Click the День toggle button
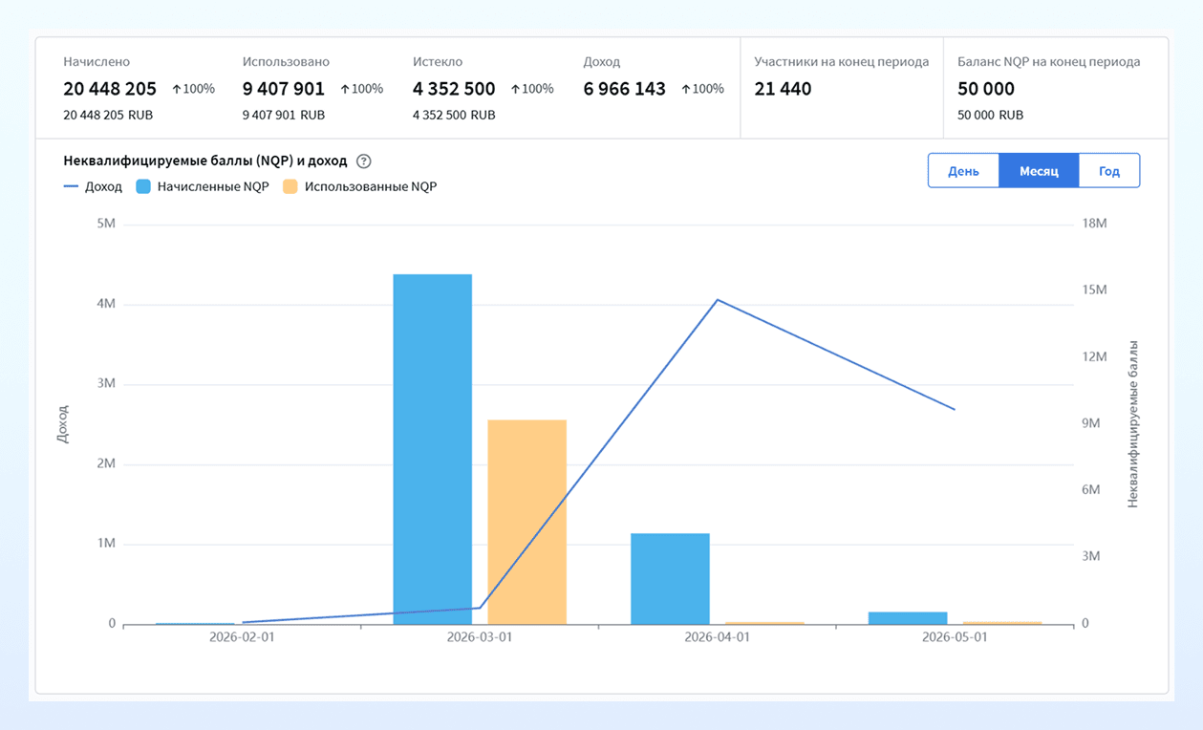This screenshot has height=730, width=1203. click(963, 171)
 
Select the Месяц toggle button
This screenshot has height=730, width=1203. click(1039, 171)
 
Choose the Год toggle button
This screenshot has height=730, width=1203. click(1109, 171)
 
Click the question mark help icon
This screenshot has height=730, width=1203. click(364, 161)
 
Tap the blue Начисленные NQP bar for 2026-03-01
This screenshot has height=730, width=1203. click(432, 449)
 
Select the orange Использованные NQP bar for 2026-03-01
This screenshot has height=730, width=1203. click(526, 522)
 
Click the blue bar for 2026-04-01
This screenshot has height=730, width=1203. click(670, 578)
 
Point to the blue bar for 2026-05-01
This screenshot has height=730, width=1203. click(908, 618)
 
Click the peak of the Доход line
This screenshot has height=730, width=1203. click(718, 300)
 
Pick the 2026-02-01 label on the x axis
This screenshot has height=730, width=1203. click(242, 637)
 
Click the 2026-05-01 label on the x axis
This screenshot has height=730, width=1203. click(955, 637)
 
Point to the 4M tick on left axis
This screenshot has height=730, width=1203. click(106, 304)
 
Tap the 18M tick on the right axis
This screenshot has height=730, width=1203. click(1094, 224)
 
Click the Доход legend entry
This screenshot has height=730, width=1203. click(93, 186)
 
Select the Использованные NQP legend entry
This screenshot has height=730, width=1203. click(360, 186)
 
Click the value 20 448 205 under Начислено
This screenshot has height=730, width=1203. click(110, 89)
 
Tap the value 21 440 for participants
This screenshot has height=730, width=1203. click(783, 89)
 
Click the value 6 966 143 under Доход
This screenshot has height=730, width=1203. click(624, 89)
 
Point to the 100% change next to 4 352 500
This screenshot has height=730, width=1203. click(531, 89)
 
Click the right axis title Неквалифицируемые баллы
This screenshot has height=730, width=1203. click(1132, 424)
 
